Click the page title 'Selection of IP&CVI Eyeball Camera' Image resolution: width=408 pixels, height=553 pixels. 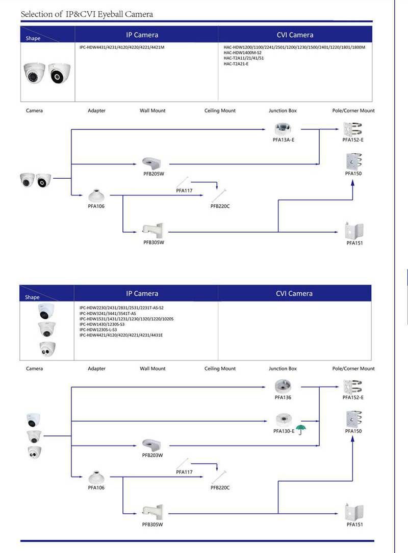(x=87, y=14)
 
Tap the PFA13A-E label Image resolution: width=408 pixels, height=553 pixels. (x=284, y=140)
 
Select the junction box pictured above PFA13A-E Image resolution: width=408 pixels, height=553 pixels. (x=283, y=129)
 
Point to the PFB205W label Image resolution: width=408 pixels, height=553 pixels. (x=153, y=174)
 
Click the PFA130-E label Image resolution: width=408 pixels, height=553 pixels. (x=284, y=431)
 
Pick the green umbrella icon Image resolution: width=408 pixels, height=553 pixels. (x=303, y=430)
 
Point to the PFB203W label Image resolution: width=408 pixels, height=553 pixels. (x=152, y=455)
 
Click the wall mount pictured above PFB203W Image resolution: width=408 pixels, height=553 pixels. (x=152, y=444)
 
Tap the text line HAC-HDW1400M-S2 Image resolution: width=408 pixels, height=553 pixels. (x=243, y=52)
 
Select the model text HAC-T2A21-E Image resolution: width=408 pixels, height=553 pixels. (x=236, y=64)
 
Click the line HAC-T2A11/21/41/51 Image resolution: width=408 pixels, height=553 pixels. (x=244, y=58)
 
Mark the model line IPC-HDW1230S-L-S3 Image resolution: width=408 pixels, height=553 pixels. (x=98, y=329)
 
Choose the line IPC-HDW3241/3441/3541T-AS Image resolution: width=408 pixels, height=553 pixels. (x=108, y=313)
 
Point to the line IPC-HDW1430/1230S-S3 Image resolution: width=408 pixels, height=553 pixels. (x=101, y=324)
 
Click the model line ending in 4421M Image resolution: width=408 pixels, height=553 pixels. (x=122, y=47)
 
